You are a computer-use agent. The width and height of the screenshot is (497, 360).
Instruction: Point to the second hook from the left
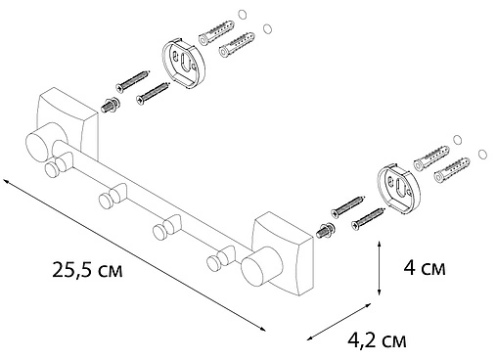point(107,201)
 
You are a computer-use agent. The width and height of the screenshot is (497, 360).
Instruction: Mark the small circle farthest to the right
point(482,155)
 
